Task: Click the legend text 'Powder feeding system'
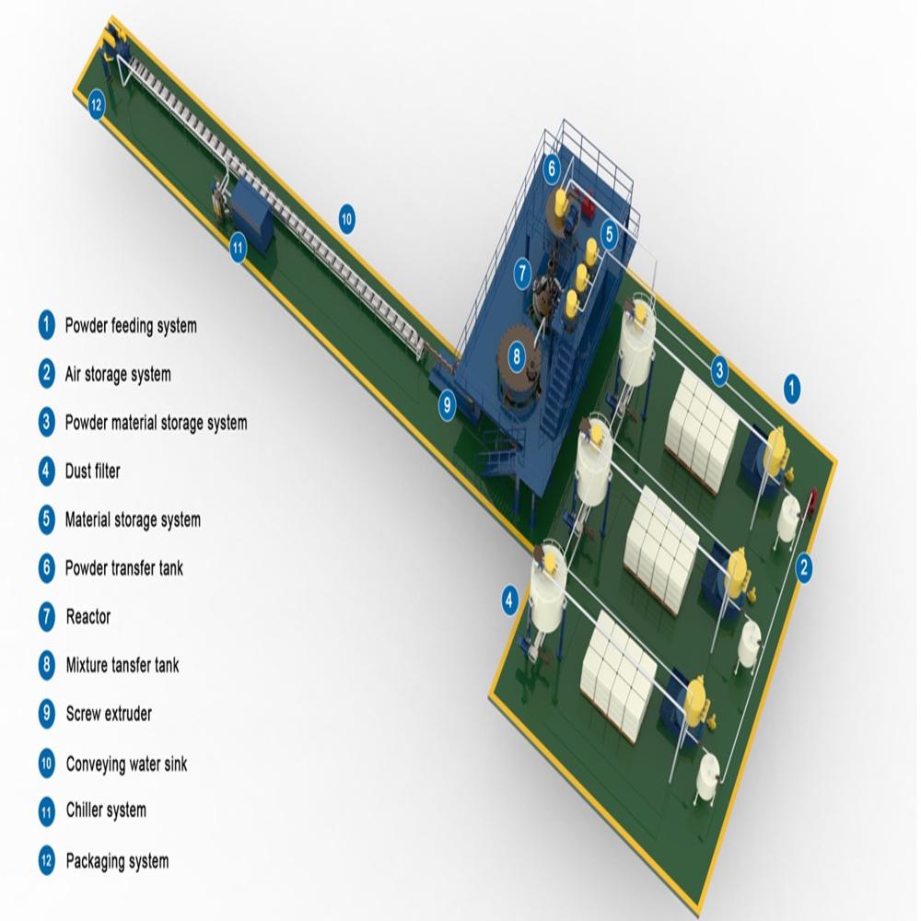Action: click(130, 326)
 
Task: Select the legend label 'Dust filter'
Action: click(92, 472)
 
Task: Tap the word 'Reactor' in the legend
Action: click(88, 617)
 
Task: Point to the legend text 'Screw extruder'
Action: click(109, 714)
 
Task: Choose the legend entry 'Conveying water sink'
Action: click(126, 764)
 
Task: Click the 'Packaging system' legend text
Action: click(117, 862)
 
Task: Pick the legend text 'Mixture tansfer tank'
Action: click(122, 665)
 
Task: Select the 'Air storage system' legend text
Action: click(117, 375)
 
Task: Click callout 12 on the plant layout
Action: click(97, 105)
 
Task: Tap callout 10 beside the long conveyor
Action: click(346, 219)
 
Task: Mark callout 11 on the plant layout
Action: click(238, 246)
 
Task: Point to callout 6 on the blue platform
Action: click(552, 168)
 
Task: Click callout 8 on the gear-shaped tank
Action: click(516, 354)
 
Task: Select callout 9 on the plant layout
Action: click(447, 403)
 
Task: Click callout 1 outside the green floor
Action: click(791, 388)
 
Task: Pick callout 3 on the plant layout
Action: click(720, 371)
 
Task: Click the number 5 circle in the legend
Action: click(47, 519)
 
